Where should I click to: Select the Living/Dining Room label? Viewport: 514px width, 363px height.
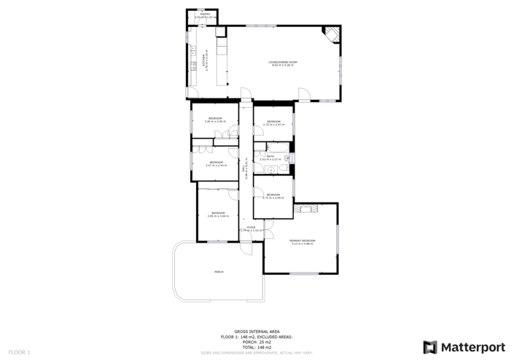tap(283, 63)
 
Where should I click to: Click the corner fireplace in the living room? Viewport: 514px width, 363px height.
tap(332, 33)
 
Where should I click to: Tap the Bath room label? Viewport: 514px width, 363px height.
tap(270, 157)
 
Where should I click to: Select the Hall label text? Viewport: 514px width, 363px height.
tap(246, 171)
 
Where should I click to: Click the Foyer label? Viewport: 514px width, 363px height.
tap(251, 229)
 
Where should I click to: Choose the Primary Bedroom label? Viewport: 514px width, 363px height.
tap(302, 241)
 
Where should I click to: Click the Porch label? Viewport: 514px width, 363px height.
tap(218, 271)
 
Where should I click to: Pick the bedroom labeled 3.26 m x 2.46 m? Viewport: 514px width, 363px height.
tap(215, 120)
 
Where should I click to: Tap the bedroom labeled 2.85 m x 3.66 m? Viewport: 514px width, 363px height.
tap(218, 214)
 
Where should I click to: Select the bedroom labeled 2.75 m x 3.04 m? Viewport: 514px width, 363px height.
tap(273, 196)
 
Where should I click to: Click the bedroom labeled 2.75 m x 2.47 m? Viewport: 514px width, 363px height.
tap(273, 122)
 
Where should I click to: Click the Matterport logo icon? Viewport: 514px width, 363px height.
tap(430, 347)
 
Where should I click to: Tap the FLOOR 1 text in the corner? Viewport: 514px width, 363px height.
tap(19, 352)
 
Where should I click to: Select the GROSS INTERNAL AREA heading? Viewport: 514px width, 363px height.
tap(257, 331)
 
